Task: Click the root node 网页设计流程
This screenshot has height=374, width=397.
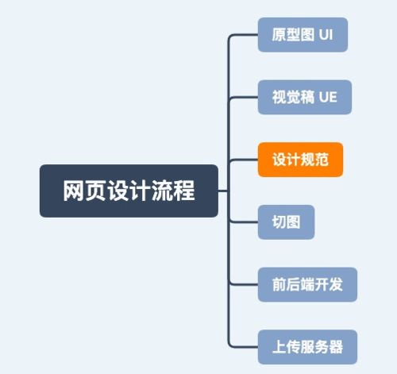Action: (129, 191)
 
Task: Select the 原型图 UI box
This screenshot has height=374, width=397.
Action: (303, 35)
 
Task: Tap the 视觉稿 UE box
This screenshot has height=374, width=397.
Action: (305, 97)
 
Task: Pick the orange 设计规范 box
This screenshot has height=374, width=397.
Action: (300, 160)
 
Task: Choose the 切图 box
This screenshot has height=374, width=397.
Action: (286, 222)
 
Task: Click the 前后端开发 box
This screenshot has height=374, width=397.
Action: (307, 284)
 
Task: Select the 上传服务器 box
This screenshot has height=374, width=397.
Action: (307, 347)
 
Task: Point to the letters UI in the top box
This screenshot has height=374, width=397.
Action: (326, 35)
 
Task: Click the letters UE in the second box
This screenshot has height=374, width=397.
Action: (328, 97)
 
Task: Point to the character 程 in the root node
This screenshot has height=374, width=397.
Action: (184, 191)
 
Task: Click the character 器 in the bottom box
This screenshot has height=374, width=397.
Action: (336, 347)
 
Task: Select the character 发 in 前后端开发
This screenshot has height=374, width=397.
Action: (336, 284)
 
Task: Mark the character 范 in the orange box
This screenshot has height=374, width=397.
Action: (322, 160)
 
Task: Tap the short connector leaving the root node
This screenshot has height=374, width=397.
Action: (223, 191)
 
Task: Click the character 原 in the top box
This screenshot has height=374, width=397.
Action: (279, 35)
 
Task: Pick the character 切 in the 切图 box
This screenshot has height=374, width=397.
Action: (279, 222)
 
